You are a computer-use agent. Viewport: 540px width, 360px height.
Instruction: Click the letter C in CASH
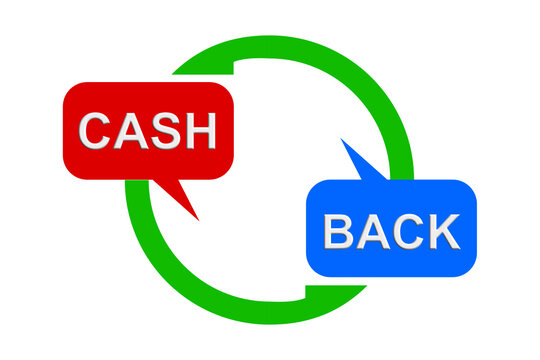click(x=96, y=131)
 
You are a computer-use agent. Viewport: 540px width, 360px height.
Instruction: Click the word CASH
click(x=147, y=131)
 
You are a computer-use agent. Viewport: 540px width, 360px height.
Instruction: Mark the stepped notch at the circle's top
click(x=234, y=64)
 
